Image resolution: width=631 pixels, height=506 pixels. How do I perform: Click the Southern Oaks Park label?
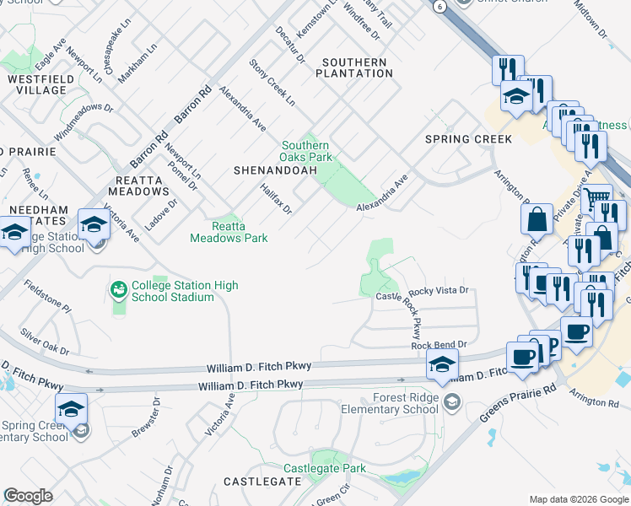(307, 151)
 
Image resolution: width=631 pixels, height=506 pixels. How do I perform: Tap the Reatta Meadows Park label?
(240, 232)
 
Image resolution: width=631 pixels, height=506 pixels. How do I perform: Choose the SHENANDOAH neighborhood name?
(275, 170)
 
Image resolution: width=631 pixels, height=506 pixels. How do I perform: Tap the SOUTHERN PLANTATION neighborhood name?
(353, 67)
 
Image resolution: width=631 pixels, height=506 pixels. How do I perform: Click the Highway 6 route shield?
(440, 5)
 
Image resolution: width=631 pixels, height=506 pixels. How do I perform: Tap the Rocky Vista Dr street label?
(439, 290)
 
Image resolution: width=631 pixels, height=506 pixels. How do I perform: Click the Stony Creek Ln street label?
(272, 83)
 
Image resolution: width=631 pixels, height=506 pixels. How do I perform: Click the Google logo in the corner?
(28, 496)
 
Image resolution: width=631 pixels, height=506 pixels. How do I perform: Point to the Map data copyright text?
(578, 499)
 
